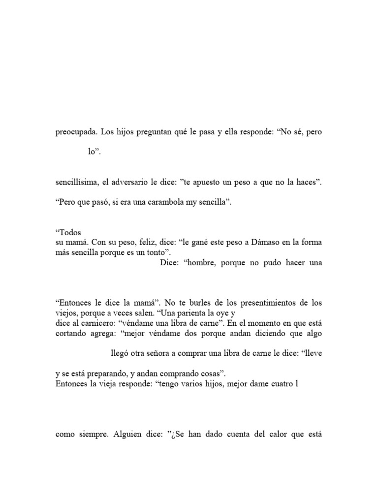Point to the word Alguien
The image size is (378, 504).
tap(132, 435)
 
